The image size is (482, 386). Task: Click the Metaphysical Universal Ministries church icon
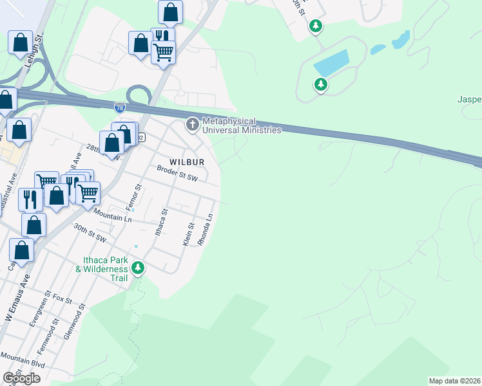pos(193,124)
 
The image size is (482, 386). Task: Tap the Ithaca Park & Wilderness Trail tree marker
pos(137,268)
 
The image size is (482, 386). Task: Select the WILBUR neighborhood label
pos(187,161)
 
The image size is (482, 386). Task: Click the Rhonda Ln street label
pos(206,229)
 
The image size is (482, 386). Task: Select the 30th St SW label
pos(89,230)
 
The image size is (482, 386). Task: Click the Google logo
pos(21,378)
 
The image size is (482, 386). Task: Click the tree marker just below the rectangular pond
pos(320,84)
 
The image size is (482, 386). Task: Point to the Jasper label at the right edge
pos(469,100)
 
